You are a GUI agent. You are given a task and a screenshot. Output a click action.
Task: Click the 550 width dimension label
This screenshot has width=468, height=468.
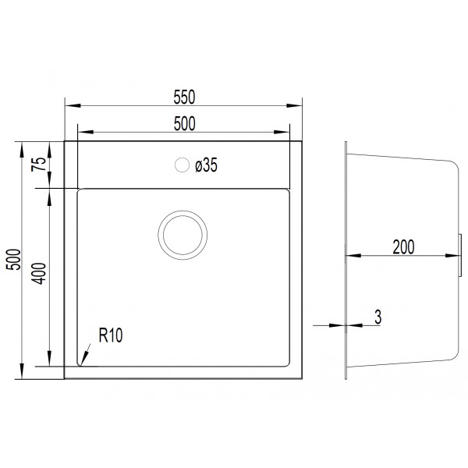click(184, 97)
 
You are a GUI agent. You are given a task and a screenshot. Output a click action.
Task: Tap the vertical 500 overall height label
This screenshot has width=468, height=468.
click(14, 260)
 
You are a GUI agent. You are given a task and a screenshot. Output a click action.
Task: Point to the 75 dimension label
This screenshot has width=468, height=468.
click(39, 164)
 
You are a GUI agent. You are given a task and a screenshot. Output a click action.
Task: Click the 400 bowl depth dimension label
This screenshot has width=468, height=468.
click(39, 273)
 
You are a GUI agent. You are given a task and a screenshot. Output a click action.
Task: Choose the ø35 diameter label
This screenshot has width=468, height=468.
click(206, 165)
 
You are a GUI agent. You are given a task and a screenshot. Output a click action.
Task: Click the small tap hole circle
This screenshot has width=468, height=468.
click(182, 165)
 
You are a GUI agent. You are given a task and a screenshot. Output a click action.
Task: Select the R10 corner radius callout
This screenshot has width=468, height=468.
click(111, 335)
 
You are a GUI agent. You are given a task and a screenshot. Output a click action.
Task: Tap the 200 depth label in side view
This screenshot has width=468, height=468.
click(403, 247)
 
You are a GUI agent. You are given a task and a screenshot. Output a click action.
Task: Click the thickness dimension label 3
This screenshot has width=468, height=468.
click(378, 317)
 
